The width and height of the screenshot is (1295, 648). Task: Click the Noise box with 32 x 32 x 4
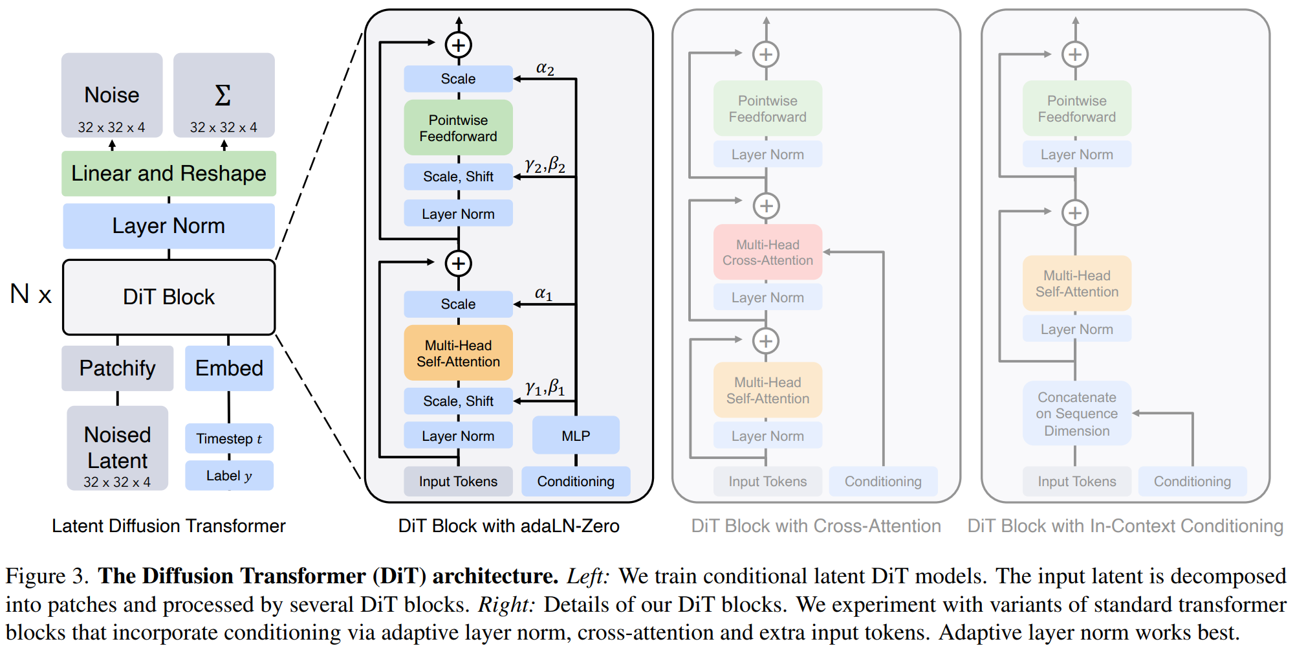[x=112, y=95]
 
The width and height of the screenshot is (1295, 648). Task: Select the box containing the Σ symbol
[x=224, y=95]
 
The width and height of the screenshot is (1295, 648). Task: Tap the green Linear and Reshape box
[x=169, y=173]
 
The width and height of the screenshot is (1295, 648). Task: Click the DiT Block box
[x=169, y=297]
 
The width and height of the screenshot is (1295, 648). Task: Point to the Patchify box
[x=118, y=368]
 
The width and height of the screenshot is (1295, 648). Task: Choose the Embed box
[x=229, y=368]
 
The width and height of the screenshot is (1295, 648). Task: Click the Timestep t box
[x=229, y=438]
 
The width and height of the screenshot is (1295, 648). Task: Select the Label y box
[x=229, y=476]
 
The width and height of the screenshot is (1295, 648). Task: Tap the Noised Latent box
[x=118, y=448]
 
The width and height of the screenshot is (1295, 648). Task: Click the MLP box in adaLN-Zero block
[x=576, y=436]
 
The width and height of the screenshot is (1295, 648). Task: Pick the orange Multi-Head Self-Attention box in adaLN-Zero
[x=458, y=353]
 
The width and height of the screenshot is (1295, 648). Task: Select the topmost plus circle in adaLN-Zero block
[x=459, y=45]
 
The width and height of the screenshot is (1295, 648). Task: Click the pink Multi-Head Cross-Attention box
[x=768, y=252]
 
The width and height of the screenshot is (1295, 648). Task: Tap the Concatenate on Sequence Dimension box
[x=1077, y=414]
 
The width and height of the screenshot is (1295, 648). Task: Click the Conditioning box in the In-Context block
[x=1192, y=482]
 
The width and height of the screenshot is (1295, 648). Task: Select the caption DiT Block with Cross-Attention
[x=816, y=526]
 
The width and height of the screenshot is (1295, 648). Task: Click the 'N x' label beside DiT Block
[x=30, y=295]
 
